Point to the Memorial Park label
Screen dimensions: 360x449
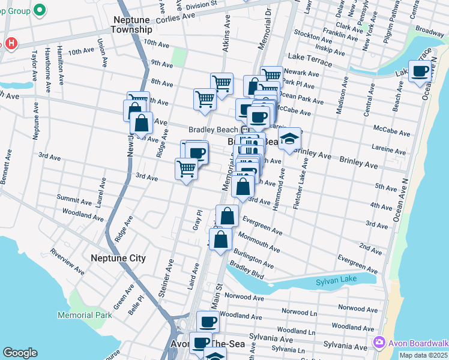(85, 315)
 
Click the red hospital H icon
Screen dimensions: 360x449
(10, 44)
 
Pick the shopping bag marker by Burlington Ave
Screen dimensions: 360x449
(221, 239)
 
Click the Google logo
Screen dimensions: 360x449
(20, 353)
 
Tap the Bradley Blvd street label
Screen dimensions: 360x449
(247, 267)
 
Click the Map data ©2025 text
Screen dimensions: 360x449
(423, 355)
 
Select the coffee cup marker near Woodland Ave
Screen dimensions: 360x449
(208, 322)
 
